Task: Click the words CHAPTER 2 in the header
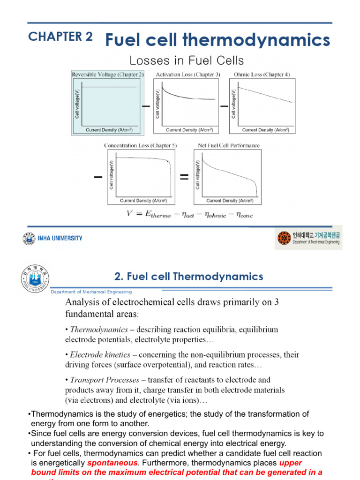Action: click(60, 37)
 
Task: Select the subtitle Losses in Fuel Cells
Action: click(187, 60)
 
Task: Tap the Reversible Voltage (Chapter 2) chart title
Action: click(107, 75)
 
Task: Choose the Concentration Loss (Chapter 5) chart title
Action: click(140, 146)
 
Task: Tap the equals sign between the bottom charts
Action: click(184, 177)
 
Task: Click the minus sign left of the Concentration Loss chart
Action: click(98, 177)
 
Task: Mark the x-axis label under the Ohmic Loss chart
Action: click(266, 130)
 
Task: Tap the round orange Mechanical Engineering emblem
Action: click(284, 239)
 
